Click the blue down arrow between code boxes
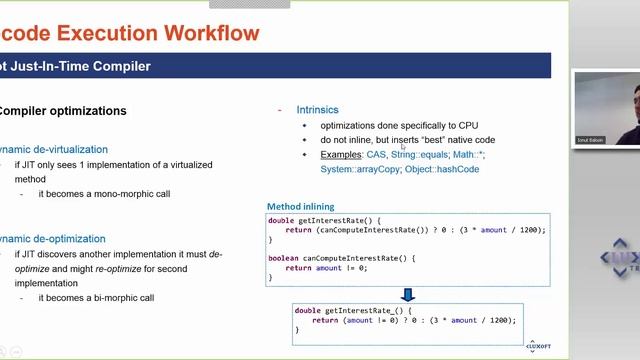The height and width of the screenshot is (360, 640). click(407, 294)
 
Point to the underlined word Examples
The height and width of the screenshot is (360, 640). click(342, 155)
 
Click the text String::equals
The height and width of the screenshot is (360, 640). click(418, 155)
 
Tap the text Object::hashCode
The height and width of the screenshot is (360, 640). click(443, 169)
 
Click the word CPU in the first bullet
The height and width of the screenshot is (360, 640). click(468, 125)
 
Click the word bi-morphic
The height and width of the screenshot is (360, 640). click(109, 297)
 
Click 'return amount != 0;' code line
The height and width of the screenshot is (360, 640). click(326, 268)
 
